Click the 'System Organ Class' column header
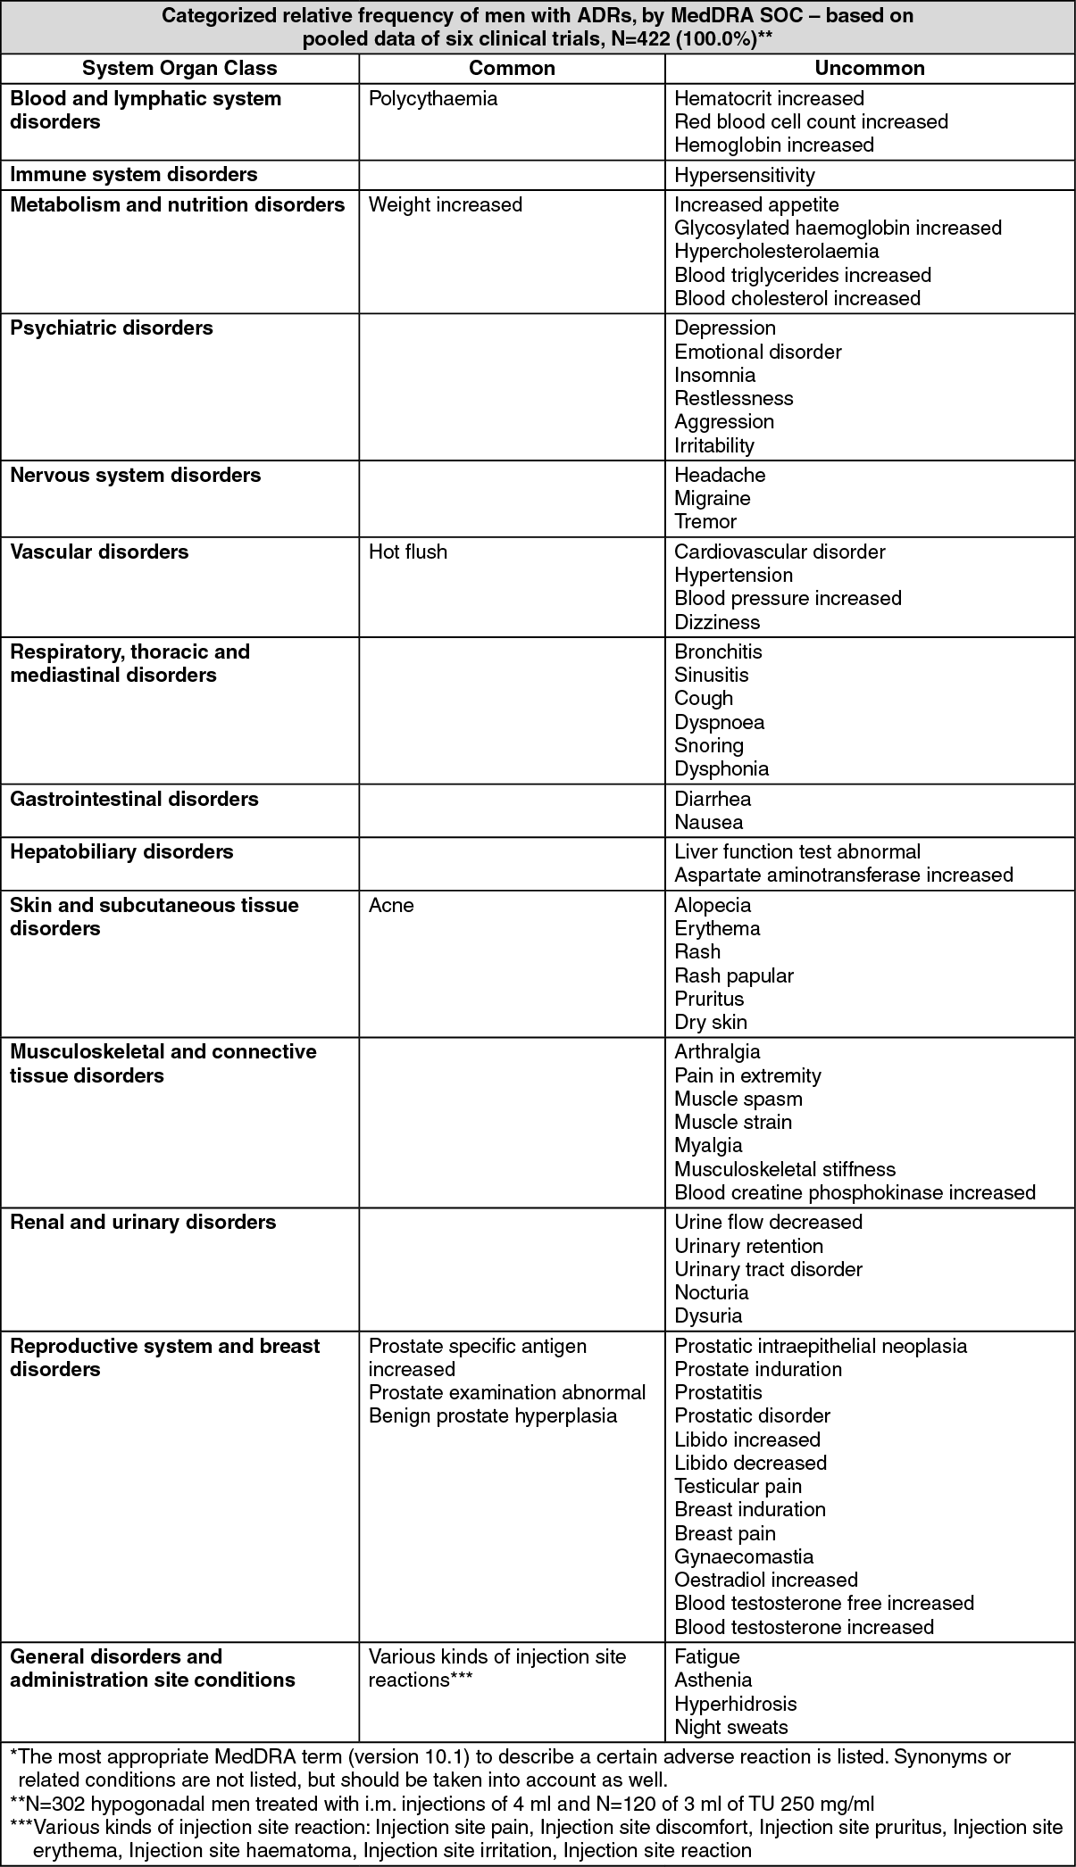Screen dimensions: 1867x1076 (179, 69)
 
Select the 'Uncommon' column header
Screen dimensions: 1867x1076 (869, 69)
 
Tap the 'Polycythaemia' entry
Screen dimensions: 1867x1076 (432, 99)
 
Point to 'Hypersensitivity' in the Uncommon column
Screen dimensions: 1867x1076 (744, 175)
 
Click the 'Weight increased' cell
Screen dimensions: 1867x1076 (445, 205)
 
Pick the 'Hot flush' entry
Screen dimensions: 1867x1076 (407, 552)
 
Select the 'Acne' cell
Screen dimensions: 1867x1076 (391, 906)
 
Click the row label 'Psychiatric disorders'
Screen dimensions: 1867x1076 (112, 328)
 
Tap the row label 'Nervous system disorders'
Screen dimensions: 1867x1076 (136, 476)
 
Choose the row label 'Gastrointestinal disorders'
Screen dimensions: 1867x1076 (134, 800)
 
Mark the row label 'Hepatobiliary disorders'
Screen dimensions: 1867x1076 (121, 852)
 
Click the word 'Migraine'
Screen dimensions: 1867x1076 (712, 499)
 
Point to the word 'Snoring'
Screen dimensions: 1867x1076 (708, 746)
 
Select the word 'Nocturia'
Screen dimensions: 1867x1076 (711, 1293)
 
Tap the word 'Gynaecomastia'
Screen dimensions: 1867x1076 (744, 1557)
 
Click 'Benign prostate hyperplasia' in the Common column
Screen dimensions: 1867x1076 (492, 1416)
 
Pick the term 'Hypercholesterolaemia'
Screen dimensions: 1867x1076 (776, 252)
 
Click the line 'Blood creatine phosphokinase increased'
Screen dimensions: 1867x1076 (855, 1193)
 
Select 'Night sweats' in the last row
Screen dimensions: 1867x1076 (730, 1727)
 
